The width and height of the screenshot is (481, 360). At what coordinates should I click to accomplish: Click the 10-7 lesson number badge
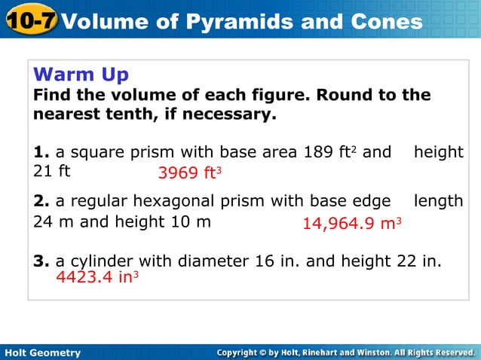coord(29,20)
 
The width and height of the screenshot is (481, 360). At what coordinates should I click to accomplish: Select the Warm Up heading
coord(81,75)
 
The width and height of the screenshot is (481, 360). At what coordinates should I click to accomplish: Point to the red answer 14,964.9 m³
coord(351,223)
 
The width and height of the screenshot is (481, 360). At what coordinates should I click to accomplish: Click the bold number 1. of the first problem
coord(41,153)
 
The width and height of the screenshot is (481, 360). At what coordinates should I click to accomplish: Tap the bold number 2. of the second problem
coord(41,201)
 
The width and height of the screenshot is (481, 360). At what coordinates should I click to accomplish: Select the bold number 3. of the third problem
coord(41,261)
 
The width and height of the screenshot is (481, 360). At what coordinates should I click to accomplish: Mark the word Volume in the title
coord(97,21)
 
